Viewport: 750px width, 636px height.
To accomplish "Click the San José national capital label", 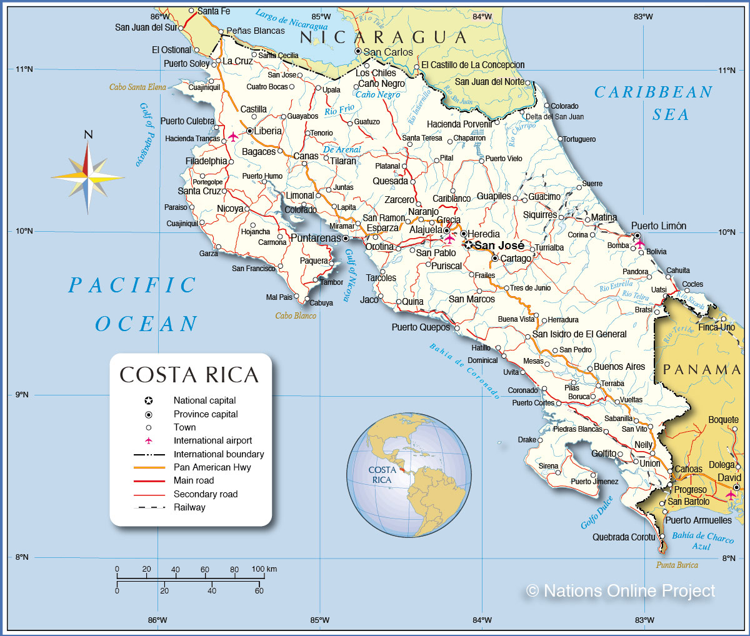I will pos(499,246).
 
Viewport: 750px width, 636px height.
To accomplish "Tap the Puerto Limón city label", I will pos(658,226).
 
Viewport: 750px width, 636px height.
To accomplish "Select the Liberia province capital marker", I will pos(249,131).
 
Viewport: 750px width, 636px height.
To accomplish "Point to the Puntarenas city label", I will pos(316,238).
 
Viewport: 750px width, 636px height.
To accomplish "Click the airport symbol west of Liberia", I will pos(233,136).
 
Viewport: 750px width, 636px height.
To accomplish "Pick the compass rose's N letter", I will pos(88,134).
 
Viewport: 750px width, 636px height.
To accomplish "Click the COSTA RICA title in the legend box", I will pos(189,375).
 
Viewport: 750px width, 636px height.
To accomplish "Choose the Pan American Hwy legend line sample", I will pos(149,467).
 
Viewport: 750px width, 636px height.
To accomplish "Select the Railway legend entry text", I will pos(189,507).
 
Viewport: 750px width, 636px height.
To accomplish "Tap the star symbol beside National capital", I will pos(149,400).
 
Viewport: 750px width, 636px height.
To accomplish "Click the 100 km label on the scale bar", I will pos(264,569).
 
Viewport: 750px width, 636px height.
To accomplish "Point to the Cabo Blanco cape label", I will pos(296,316).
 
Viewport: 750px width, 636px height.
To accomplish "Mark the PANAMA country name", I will pos(701,369).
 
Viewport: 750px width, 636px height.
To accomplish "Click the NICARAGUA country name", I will pos(383,37).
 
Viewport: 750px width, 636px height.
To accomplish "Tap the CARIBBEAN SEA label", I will pos(654,103).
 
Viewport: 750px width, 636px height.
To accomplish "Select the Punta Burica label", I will pos(677,565).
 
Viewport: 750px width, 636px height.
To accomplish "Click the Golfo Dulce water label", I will pos(597,513).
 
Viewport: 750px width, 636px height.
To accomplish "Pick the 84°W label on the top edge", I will pos(482,17).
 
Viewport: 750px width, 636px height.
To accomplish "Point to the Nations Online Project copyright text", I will pos(621,590).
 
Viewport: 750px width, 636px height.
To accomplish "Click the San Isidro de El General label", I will pos(579,334).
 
